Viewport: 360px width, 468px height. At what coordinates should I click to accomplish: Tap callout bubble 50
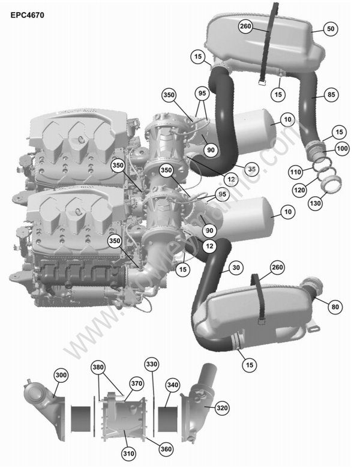pos(331,28)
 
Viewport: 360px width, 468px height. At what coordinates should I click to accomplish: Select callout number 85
pos(331,94)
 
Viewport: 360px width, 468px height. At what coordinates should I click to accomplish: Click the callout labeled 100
pos(341,148)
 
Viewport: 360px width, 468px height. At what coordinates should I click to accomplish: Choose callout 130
pos(316,204)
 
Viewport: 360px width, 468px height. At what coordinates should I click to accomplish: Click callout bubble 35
pos(252,169)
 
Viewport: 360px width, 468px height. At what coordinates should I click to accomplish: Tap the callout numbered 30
pos(236,268)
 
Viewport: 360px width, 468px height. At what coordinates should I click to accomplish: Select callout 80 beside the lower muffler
pos(335,307)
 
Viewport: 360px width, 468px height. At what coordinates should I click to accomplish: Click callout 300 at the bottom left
pos(60,375)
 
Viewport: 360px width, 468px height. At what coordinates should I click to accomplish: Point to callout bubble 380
pos(98,367)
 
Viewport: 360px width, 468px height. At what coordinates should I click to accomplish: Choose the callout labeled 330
pos(152,364)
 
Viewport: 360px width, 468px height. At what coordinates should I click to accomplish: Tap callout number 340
pos(173,385)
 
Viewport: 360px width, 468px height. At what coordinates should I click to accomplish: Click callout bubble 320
pos(222,408)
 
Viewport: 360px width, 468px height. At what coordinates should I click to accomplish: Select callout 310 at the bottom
pos(128,454)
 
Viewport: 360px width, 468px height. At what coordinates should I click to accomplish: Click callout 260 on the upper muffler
pos(245,26)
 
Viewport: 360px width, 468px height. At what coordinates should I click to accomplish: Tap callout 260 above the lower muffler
pos(277,266)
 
